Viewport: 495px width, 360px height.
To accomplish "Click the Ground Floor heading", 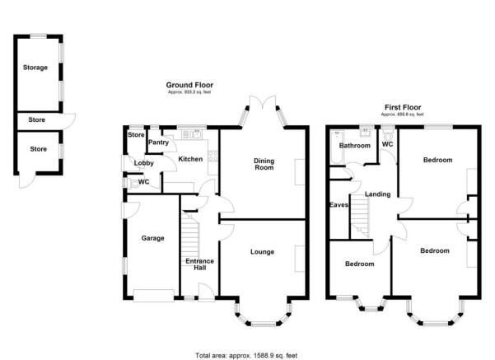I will [x=189, y=85].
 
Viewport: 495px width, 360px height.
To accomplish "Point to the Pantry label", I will [x=158, y=143].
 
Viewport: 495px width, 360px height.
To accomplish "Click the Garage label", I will [x=152, y=238].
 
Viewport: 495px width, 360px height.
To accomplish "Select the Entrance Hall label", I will [x=200, y=265].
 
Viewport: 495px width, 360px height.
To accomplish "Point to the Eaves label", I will [x=338, y=204].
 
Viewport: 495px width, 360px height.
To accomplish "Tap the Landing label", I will [x=377, y=194].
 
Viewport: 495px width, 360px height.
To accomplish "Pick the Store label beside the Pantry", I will [x=136, y=135].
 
